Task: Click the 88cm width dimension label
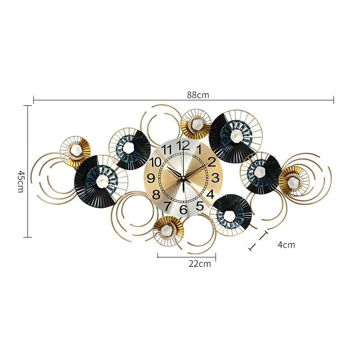[198, 95]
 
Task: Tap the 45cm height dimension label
[21, 181]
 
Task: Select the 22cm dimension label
[200, 264]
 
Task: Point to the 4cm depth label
[287, 245]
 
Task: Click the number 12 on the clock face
[183, 145]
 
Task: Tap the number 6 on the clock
[183, 209]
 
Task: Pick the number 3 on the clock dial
[215, 178]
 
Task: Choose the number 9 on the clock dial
[151, 178]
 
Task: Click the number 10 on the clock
[155, 162]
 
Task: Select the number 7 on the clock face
[167, 206]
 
